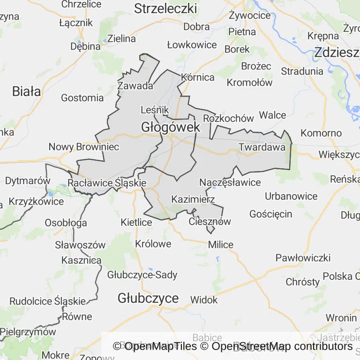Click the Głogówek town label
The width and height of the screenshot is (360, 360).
click(171, 127)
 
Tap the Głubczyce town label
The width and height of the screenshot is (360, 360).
click(148, 298)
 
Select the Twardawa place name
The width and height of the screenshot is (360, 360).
click(262, 147)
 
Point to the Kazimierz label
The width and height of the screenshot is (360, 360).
click(193, 199)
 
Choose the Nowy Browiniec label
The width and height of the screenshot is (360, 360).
click(84, 147)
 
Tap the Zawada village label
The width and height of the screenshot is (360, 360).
click(135, 86)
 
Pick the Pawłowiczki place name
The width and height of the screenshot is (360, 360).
click(303, 258)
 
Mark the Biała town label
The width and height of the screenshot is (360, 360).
click(27, 91)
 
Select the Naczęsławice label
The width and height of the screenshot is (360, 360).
click(230, 182)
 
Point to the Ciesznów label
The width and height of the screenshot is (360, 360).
click(210, 222)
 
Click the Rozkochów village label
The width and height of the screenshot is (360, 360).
click(229, 118)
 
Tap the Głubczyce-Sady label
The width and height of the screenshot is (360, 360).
click(142, 275)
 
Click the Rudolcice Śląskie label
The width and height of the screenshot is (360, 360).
click(48, 301)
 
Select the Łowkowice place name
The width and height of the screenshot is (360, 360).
click(192, 45)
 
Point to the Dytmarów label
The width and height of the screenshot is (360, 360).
click(28, 180)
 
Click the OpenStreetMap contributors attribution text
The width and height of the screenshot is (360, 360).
click(282, 346)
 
